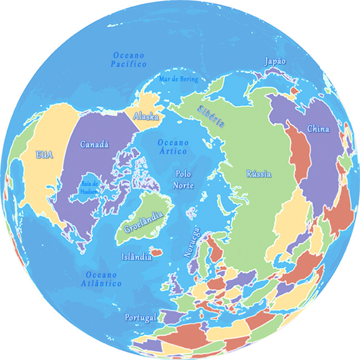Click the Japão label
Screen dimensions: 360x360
[x=275, y=61]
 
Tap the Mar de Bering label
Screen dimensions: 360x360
[x=179, y=79]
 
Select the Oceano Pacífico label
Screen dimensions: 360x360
[x=129, y=59]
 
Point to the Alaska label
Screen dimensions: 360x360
[x=146, y=117]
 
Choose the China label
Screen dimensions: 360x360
[x=318, y=129]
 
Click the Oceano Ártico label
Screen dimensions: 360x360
[x=173, y=147]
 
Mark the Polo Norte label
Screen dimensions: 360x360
[x=184, y=178]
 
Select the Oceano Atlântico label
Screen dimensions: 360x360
[x=101, y=279]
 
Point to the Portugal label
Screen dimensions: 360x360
[x=141, y=318]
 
